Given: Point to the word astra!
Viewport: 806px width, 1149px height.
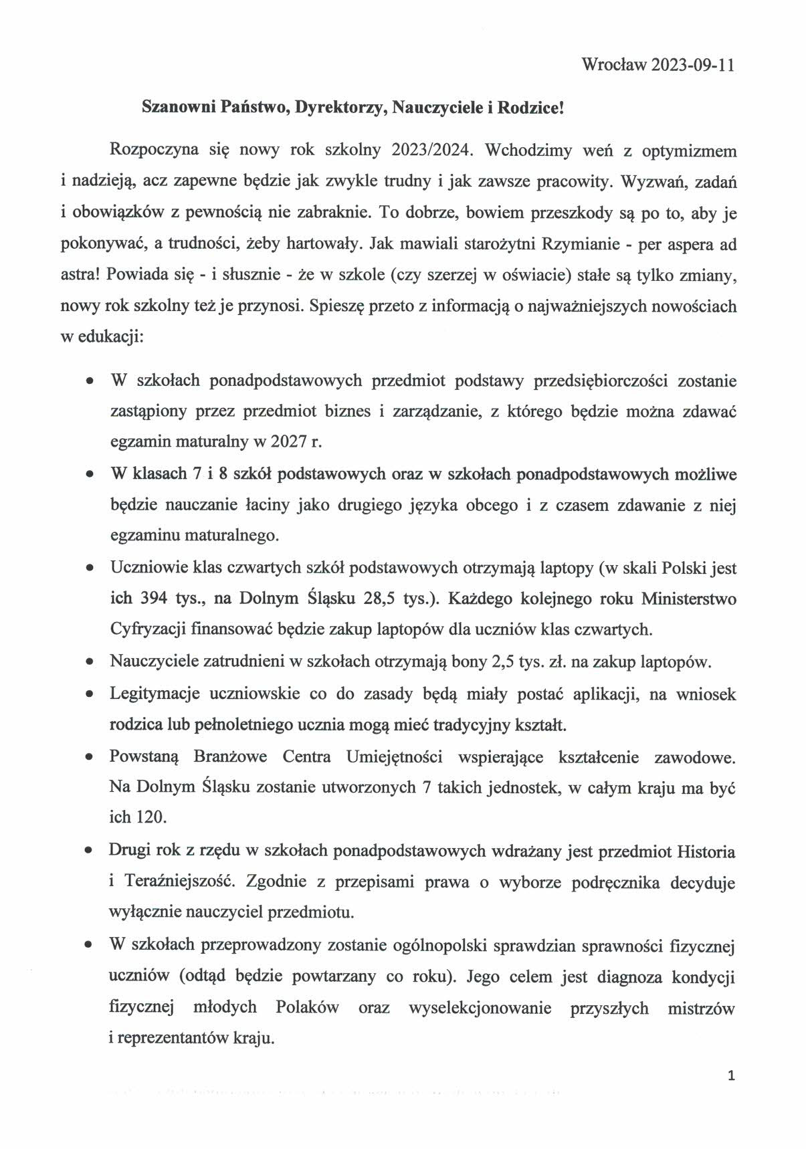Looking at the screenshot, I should [x=80, y=276].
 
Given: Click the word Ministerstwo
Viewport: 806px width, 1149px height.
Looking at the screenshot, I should [x=688, y=599].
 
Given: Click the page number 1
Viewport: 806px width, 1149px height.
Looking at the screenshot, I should [x=731, y=1076].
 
